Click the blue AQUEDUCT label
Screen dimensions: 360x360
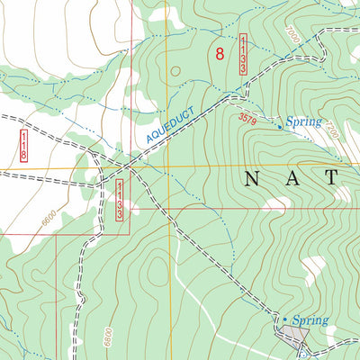(170, 127)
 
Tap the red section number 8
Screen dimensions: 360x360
(220, 54)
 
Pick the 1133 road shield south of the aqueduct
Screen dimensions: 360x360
(120, 197)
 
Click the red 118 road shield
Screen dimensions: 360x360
(23, 146)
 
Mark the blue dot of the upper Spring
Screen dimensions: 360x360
(279, 127)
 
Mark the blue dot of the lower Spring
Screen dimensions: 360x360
(285, 319)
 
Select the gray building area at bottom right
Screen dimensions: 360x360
(293, 337)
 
